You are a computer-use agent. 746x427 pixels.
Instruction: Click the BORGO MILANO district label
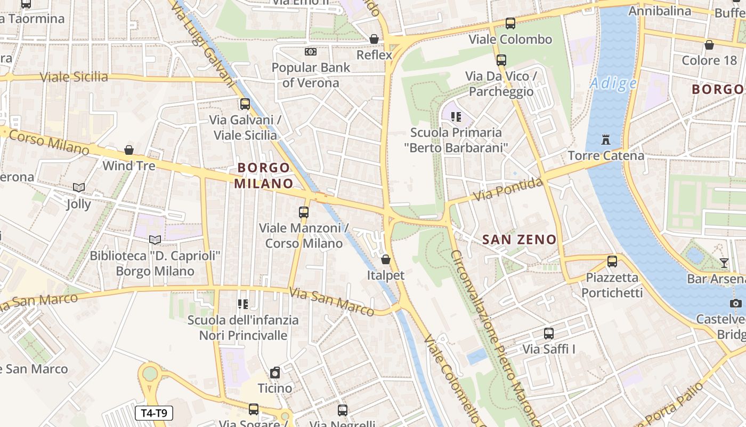pos(264,176)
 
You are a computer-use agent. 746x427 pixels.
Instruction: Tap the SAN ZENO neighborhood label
pos(519,240)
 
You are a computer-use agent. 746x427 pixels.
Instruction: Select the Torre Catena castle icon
pos(605,140)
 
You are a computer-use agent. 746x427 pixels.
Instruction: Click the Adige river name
pos(613,83)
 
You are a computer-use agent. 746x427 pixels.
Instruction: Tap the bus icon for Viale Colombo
pos(510,23)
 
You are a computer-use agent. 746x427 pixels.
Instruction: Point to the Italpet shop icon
pos(385,260)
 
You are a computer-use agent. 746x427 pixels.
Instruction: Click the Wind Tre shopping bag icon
pos(129,150)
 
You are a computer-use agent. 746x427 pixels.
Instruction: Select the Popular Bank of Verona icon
pos(310,52)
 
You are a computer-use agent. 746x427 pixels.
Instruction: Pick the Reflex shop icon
pos(374,39)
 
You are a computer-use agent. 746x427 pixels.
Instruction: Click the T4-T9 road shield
pos(154,413)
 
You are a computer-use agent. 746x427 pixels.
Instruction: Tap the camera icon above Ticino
pos(275,372)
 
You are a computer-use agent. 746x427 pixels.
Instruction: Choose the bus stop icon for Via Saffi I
pos(549,334)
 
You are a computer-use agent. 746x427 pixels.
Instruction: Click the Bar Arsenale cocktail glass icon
pos(724,263)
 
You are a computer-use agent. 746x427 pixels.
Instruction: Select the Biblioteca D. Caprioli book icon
pos(155,240)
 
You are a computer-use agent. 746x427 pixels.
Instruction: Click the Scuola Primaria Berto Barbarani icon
pos(455,116)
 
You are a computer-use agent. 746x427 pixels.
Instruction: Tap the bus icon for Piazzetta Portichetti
pos(612,262)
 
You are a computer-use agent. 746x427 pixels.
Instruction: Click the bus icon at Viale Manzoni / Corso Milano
pos(304,212)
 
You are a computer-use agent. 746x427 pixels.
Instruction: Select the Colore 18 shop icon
pos(709,45)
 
